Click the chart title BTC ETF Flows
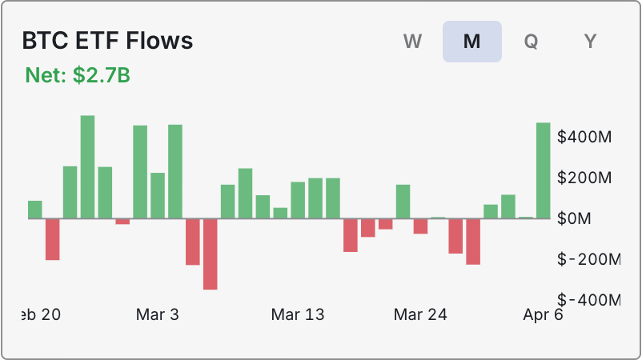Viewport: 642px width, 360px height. pos(107,41)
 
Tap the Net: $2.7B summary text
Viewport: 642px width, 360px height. pos(78,76)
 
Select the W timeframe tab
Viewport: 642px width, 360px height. pos(413,42)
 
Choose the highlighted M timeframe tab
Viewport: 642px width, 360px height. pos(472,42)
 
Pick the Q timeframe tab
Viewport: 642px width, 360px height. pos(531,42)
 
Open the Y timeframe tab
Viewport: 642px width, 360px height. pos(590,42)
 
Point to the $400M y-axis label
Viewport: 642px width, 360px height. pos(585,137)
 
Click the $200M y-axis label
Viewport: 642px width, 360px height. pos(585,178)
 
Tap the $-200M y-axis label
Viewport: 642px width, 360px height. pos(588,259)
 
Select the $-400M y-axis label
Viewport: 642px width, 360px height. pos(588,300)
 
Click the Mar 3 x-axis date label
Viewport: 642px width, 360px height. pos(158,314)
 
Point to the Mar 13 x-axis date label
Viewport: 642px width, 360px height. pos(298,314)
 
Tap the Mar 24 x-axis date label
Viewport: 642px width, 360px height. pos(420,314)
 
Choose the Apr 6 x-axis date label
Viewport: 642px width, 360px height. pos(544,314)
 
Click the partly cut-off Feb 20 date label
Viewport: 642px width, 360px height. pos(40,314)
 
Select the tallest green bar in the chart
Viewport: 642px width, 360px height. pos(87,167)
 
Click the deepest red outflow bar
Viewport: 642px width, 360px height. pos(210,254)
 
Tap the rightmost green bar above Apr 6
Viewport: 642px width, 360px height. pos(543,170)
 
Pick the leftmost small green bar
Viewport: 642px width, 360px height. pos(34,210)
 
